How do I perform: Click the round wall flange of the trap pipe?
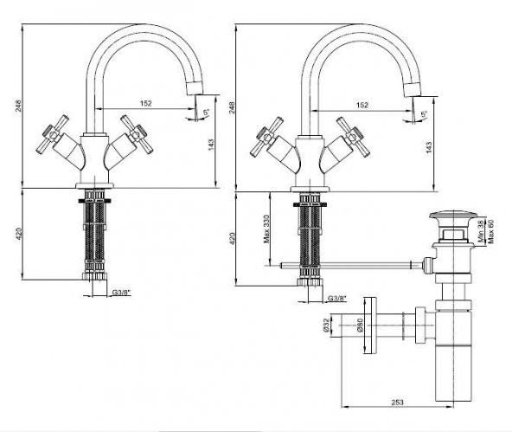click(369, 327)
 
